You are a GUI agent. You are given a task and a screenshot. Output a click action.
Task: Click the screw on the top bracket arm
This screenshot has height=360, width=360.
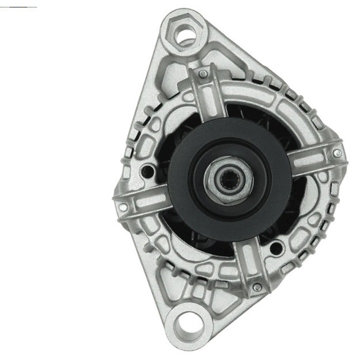pos(202,74)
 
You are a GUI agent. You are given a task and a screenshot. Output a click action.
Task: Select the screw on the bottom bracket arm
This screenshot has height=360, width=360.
pos(256,286)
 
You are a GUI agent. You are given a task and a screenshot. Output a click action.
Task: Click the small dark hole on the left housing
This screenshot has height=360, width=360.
pos(147,171)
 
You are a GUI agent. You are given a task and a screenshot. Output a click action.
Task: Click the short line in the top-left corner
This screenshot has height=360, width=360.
pos(18,7)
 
